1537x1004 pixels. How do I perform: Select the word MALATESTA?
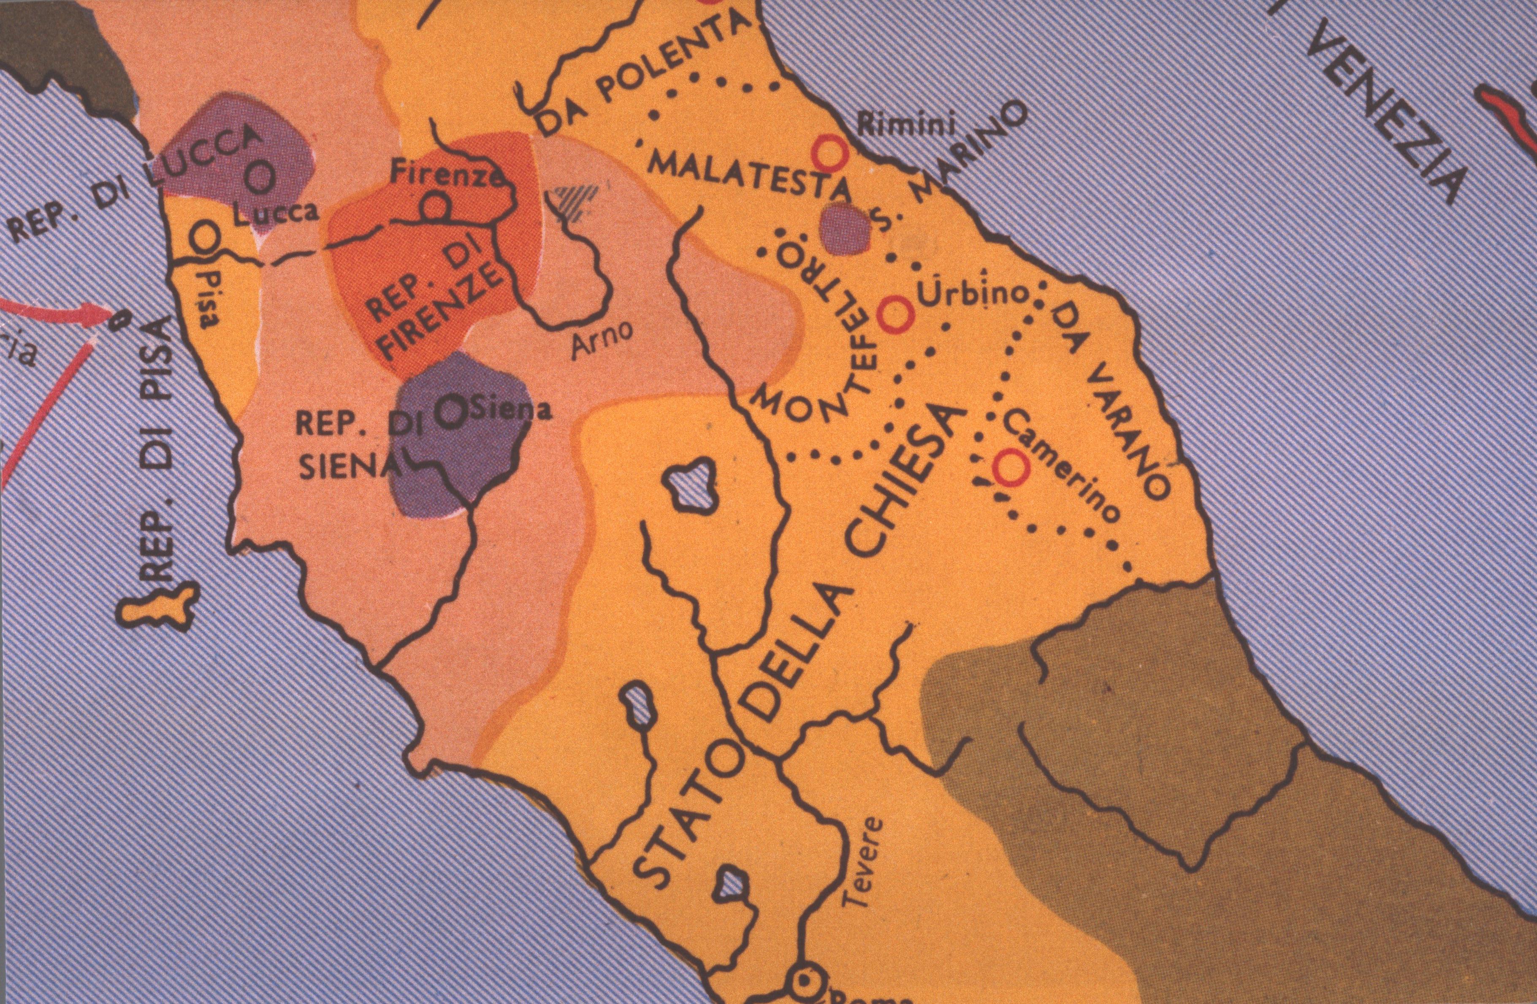point(749,178)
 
